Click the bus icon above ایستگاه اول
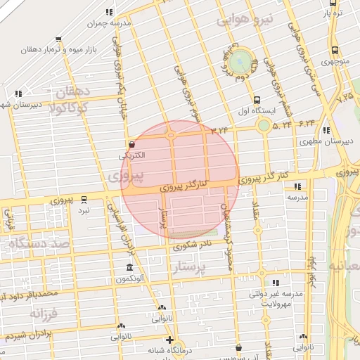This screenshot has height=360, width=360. (x=257, y=100)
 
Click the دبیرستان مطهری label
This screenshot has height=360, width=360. (x=334, y=141)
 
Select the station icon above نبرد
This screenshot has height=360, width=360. (x=84, y=200)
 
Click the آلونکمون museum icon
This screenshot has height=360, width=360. (x=129, y=269)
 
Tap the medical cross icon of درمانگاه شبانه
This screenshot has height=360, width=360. (x=170, y=340)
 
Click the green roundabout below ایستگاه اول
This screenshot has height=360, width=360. (x=264, y=126)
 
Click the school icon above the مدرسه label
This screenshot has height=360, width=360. (x=297, y=186)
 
